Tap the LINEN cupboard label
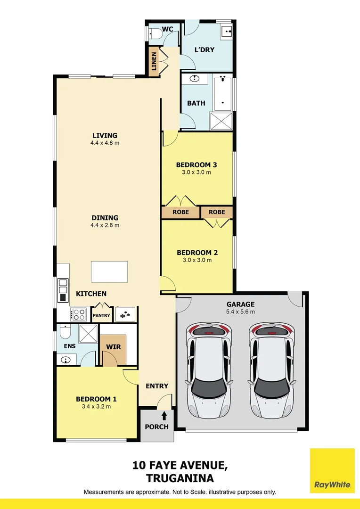tap(154, 61)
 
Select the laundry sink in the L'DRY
tap(227, 31)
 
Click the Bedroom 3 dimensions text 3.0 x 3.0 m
tap(196, 172)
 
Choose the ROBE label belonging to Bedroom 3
tap(180, 212)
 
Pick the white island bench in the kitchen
tap(109, 271)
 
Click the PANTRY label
tap(101, 316)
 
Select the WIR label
tap(114, 347)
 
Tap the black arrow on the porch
tap(164, 416)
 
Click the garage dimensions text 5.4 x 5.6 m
tap(240, 312)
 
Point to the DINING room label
tap(105, 218)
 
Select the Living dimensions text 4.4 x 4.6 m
tap(105, 143)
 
